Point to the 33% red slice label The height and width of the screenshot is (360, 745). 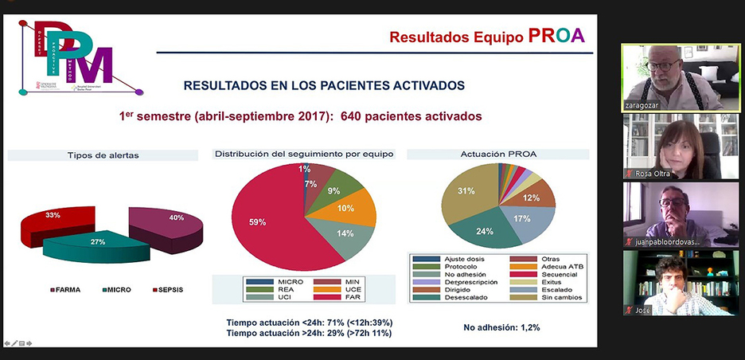coord(53,216)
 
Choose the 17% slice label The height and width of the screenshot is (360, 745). coord(522,217)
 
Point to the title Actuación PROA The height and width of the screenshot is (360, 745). coord(497,154)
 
